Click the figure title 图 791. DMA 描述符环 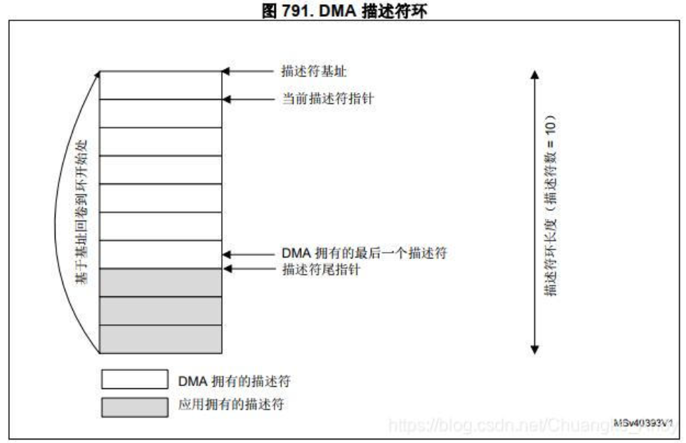[x=342, y=9]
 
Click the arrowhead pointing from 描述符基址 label [x=226, y=71]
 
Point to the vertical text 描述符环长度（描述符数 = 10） [x=552, y=204]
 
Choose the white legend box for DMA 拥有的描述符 [x=134, y=380]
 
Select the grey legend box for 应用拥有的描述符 [x=134, y=407]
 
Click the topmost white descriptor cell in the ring [x=160, y=85]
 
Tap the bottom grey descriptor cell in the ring [x=160, y=339]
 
